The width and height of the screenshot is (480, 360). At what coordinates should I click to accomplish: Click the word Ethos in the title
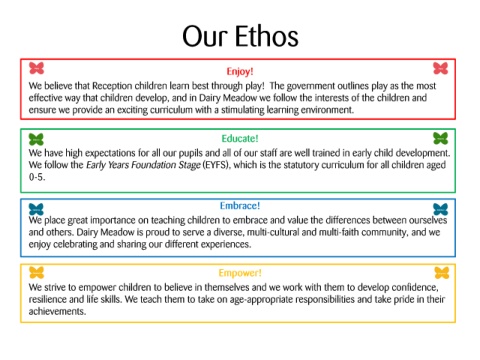point(267,36)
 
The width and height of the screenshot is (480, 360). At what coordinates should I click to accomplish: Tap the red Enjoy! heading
point(240,72)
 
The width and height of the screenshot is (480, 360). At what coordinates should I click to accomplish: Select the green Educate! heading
point(240,138)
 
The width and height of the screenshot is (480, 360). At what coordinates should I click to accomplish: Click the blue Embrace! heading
point(240,206)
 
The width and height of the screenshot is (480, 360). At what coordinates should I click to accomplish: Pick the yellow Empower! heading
point(240,273)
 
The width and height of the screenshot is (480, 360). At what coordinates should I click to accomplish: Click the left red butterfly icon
point(36,68)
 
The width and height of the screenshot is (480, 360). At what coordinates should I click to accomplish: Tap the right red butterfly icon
point(440,68)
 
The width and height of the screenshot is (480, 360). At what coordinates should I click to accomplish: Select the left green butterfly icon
point(36,139)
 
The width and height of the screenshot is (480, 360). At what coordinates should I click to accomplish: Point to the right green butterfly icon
point(440,138)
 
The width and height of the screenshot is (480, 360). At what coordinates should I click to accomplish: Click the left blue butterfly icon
point(36,209)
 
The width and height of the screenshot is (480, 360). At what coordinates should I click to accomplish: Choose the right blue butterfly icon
point(440,209)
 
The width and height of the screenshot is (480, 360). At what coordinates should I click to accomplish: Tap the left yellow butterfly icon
point(36,273)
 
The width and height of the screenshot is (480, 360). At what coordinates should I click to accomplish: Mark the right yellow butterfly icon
point(442,273)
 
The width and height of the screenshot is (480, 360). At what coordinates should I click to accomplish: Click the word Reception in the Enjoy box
point(112,86)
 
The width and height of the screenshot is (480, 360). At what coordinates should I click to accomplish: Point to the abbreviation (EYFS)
point(215,165)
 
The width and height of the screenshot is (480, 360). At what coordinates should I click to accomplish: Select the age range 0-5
point(37,177)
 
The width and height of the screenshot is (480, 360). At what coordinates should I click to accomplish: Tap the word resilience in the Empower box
point(48,299)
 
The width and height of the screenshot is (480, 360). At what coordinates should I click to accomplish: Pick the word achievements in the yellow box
point(57,311)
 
